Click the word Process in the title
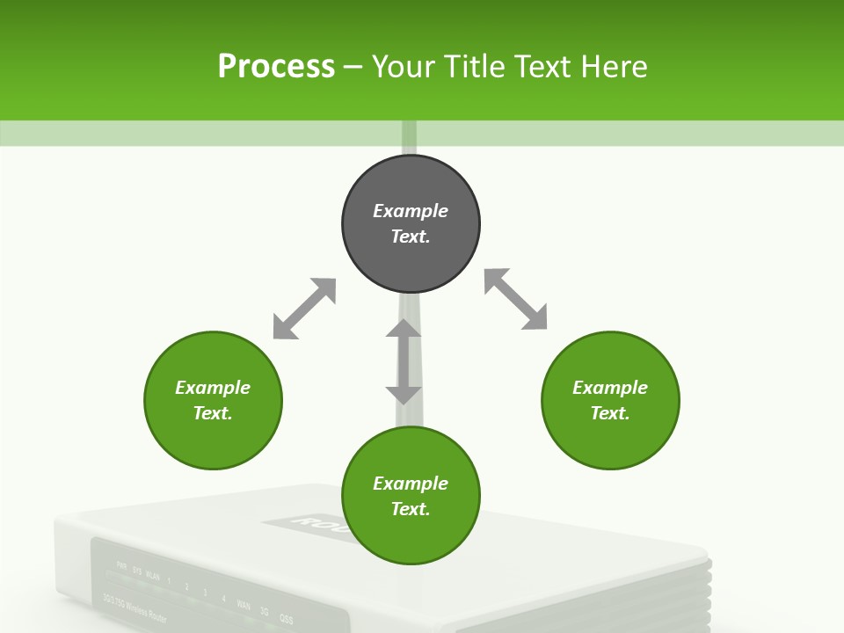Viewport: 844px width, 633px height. click(x=276, y=67)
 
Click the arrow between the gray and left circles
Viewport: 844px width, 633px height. click(x=304, y=309)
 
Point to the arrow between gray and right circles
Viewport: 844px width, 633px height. click(x=515, y=300)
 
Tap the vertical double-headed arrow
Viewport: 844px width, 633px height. click(x=404, y=361)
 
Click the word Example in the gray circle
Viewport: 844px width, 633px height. click(x=411, y=211)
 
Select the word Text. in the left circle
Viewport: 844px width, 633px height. click(x=213, y=413)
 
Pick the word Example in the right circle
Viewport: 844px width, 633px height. click(x=610, y=388)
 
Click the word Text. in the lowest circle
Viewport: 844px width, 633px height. click(x=411, y=509)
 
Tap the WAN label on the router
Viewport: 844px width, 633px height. click(x=244, y=606)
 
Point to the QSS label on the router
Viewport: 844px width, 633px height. click(x=286, y=618)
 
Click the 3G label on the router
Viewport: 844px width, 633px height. click(x=265, y=612)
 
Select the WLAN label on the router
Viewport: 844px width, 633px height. click(x=153, y=577)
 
